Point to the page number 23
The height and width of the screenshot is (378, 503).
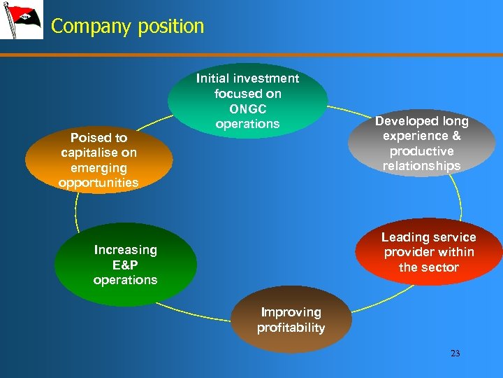(x=455, y=353)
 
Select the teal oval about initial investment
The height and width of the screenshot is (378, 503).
(x=247, y=101)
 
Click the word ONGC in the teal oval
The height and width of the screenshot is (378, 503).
(x=247, y=108)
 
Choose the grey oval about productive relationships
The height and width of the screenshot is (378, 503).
(x=421, y=143)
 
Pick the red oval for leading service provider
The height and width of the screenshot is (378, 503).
(x=428, y=253)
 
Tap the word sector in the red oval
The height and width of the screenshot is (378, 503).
(x=441, y=267)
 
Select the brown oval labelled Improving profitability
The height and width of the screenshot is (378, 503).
(x=291, y=321)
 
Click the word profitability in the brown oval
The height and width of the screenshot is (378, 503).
(x=291, y=328)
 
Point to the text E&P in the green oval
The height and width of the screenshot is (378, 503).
(x=125, y=265)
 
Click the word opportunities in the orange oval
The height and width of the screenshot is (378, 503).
(x=99, y=183)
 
